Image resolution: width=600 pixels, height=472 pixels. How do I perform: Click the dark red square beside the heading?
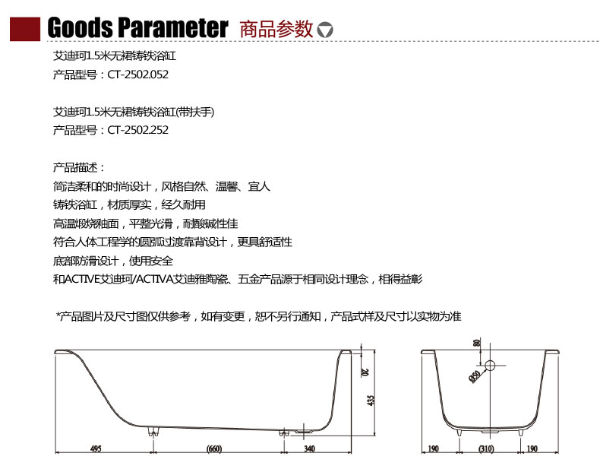click(x=25, y=29)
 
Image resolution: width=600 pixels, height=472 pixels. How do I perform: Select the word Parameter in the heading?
click(x=173, y=27)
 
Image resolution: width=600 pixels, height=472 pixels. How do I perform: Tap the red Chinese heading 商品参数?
click(x=276, y=29)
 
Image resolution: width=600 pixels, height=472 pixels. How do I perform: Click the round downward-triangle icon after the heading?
click(x=325, y=30)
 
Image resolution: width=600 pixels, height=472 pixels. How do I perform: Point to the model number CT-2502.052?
click(x=137, y=74)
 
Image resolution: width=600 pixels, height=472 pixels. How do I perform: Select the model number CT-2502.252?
click(x=137, y=130)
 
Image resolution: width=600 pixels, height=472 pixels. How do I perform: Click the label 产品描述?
click(x=76, y=167)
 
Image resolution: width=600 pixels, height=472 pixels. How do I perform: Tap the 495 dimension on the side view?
click(x=96, y=448)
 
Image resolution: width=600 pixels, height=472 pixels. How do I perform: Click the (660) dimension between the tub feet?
click(x=214, y=448)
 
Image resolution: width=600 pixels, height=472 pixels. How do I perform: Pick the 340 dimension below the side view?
click(x=309, y=448)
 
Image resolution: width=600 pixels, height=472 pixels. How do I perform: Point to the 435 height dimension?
click(x=371, y=401)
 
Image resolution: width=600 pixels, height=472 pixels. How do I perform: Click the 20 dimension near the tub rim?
click(x=366, y=372)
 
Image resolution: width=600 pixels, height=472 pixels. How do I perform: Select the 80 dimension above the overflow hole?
click(x=477, y=343)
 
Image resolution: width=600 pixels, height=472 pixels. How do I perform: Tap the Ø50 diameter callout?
click(x=475, y=377)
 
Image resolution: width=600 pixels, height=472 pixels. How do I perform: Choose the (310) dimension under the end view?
click(x=486, y=448)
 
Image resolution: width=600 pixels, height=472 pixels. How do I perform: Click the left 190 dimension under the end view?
click(x=433, y=448)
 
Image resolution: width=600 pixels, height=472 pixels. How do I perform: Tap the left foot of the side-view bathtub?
click(x=153, y=432)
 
